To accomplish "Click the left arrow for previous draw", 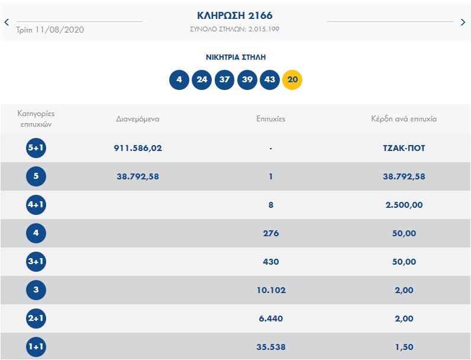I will click(7, 22).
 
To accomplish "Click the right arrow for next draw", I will click(463, 22).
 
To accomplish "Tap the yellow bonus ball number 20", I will click(292, 79).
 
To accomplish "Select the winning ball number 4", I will click(179, 79).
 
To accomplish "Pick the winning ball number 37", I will click(224, 79).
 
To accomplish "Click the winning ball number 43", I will click(270, 79).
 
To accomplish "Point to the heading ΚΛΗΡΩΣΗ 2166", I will click(235, 15).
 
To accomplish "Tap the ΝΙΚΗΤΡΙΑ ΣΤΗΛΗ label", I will click(236, 57).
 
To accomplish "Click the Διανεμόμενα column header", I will click(138, 118).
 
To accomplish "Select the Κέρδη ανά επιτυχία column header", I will click(404, 118).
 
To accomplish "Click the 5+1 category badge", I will click(36, 148).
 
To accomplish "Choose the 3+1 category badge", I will click(36, 262).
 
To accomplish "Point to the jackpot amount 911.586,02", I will click(138, 148).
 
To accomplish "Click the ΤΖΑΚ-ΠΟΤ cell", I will click(404, 148).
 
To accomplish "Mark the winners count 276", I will click(270, 233).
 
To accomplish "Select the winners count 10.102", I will click(270, 290).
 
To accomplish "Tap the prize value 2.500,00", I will click(404, 205).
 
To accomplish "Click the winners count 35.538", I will click(270, 347).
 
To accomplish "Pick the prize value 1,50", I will click(404, 347).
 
